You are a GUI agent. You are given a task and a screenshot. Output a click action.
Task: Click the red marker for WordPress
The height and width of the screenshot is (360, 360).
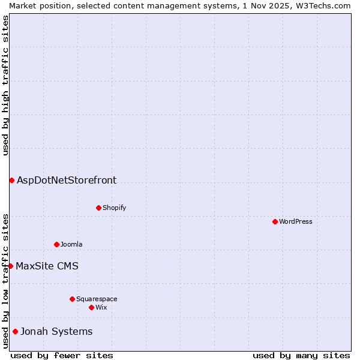[275, 221]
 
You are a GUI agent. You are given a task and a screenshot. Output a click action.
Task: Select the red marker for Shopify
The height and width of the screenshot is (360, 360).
[98, 208]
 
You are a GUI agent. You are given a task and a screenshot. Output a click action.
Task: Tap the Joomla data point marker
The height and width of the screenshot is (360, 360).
[56, 244]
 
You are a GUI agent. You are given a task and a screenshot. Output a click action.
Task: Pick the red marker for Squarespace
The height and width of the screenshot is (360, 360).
[72, 299]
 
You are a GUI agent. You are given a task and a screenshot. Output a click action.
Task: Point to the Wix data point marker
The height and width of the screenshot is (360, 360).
[91, 307]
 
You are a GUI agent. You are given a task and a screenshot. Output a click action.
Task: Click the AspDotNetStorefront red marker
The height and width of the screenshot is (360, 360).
[11, 180]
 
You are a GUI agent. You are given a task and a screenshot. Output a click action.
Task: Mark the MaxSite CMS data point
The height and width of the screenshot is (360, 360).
[10, 266]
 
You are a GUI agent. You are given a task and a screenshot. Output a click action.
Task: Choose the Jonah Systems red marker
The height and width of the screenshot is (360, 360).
[15, 331]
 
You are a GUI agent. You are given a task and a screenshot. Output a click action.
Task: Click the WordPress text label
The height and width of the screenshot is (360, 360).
[296, 221]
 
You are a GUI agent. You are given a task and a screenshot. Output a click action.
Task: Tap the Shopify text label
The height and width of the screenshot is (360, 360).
[114, 208]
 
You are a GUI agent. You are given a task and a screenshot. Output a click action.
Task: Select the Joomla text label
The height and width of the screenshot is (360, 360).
[71, 244]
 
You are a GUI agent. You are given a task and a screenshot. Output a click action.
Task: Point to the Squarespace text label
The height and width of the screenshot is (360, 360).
[97, 299]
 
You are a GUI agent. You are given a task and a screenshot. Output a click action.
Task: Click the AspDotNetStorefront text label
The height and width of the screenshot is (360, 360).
[67, 180]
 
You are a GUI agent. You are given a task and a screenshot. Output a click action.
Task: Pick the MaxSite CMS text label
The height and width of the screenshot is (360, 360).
[47, 266]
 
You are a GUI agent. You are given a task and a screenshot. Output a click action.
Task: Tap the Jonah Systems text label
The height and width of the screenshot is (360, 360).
[56, 331]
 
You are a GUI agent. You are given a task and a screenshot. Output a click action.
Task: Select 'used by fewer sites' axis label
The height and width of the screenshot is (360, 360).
[62, 355]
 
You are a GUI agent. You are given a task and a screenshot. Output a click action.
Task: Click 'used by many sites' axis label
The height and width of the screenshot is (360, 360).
[301, 355]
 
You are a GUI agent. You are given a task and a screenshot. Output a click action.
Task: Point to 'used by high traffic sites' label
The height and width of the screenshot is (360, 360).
[5, 85]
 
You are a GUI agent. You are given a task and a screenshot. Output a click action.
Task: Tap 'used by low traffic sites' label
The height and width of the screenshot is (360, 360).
[5, 280]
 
